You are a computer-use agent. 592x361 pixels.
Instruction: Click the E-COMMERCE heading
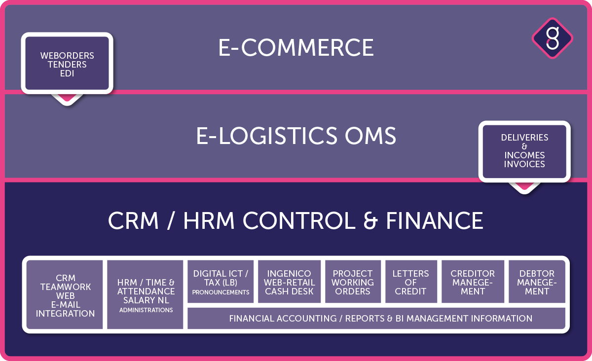(x=296, y=47)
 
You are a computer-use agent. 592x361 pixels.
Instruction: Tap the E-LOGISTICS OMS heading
(x=296, y=136)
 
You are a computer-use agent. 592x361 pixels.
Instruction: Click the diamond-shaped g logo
(x=553, y=38)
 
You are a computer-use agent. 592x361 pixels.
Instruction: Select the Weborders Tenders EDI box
(x=67, y=63)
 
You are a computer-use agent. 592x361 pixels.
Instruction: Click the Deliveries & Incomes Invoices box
(x=524, y=151)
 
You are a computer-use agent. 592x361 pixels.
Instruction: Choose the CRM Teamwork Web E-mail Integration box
(x=65, y=294)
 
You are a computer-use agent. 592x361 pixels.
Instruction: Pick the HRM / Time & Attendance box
(x=145, y=294)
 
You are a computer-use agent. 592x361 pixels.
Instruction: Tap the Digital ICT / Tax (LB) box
(x=221, y=282)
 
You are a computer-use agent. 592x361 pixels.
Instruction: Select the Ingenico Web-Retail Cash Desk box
(x=290, y=282)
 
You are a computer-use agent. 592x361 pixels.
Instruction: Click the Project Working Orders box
(x=353, y=282)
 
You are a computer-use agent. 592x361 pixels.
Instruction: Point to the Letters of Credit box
(x=411, y=282)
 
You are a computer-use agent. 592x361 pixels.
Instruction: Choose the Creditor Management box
(x=473, y=282)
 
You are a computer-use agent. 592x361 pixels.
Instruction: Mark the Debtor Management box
(x=537, y=282)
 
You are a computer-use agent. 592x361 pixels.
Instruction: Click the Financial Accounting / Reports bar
(x=376, y=318)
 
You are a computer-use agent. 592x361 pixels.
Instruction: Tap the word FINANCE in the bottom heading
(x=435, y=220)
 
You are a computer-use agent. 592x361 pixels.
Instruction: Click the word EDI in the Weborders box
(x=67, y=73)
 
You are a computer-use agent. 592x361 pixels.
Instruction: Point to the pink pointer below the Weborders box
(x=67, y=98)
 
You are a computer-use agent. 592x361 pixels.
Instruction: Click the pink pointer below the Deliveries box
(x=524, y=186)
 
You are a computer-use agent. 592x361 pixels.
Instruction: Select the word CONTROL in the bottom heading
(x=299, y=220)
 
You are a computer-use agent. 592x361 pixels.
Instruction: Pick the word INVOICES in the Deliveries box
(x=524, y=164)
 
